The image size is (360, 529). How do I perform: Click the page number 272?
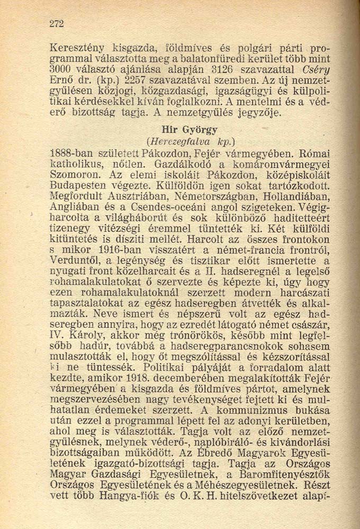coord(56,23)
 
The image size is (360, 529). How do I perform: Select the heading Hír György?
coord(190,130)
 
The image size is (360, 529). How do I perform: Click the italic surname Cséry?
coord(314,70)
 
